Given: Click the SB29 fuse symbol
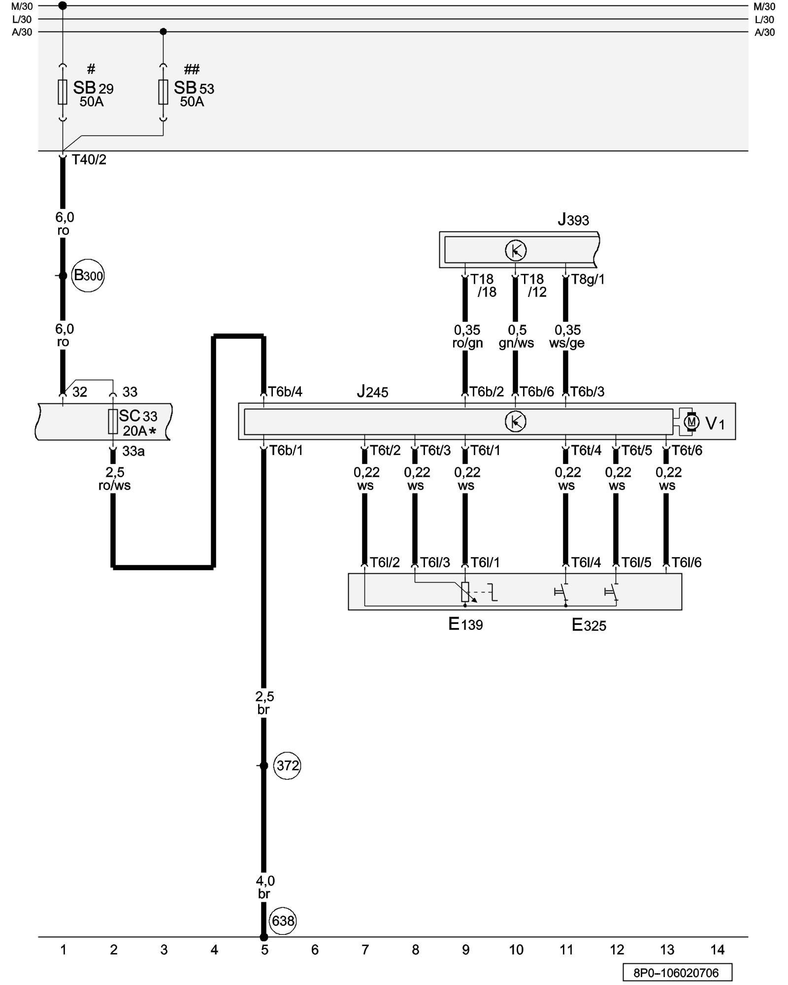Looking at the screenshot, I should (x=63, y=92).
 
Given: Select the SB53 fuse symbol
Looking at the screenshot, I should (x=163, y=92).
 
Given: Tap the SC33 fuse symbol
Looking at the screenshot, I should (x=113, y=422).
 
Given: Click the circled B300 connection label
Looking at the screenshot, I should (x=88, y=275).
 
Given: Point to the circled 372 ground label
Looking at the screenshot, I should (x=287, y=765).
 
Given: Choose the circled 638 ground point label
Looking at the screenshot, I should (x=283, y=920).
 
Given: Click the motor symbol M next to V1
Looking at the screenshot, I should (x=691, y=422).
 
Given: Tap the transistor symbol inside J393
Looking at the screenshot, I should (x=516, y=251).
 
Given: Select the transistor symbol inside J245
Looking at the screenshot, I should (x=516, y=422).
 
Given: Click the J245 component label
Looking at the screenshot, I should (x=372, y=392).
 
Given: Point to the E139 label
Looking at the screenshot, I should (x=465, y=624).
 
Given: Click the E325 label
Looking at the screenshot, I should (x=589, y=625).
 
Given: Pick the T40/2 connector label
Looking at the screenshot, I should (x=89, y=160).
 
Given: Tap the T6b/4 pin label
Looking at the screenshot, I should (x=285, y=392).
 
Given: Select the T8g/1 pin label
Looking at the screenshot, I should (x=588, y=279).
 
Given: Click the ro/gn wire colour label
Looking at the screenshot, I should (x=467, y=343).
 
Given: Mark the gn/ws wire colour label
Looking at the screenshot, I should (x=516, y=343).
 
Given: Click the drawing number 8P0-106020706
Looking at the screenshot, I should (x=677, y=973).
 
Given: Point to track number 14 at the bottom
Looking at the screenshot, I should (x=717, y=950).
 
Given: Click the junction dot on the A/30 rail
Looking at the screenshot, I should (x=164, y=32).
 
